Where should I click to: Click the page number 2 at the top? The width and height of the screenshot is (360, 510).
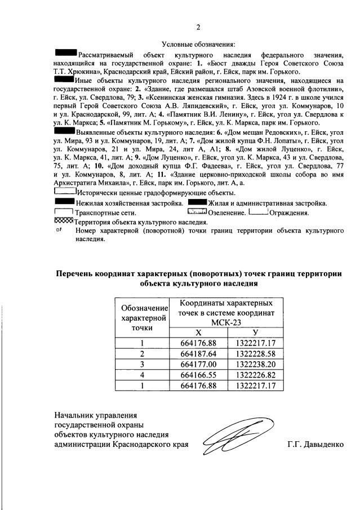click(198, 28)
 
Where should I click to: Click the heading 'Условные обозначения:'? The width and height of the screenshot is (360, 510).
click(198, 44)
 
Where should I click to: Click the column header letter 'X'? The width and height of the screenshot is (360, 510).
click(198, 332)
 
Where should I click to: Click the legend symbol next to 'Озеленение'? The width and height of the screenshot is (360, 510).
click(197, 212)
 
